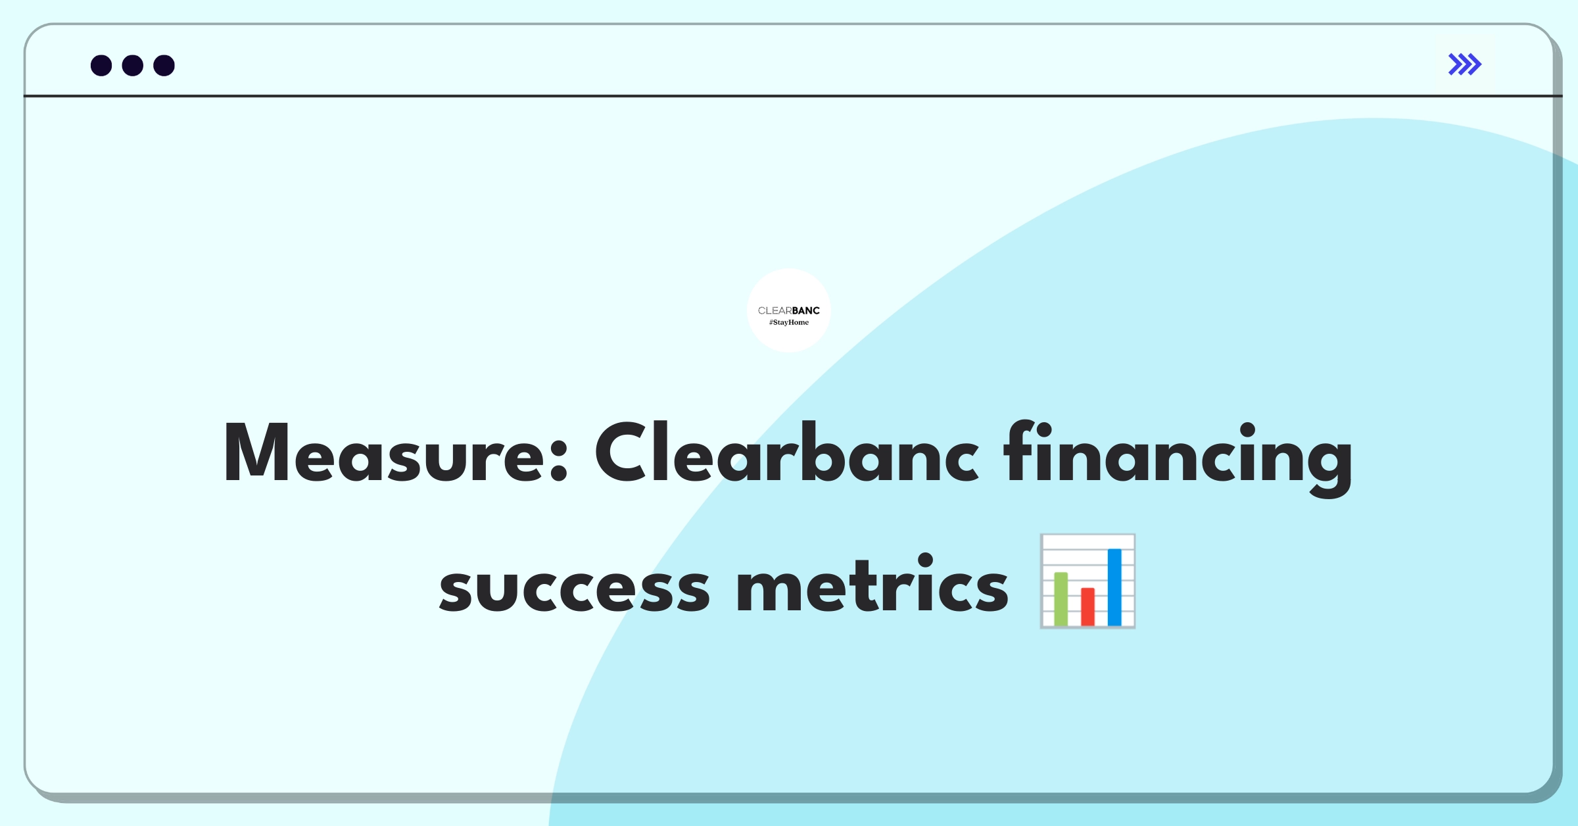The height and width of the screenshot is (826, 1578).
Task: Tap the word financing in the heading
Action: click(1177, 458)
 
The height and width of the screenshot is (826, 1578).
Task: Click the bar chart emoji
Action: click(1088, 581)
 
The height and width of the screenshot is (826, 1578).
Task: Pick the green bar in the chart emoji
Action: click(1061, 598)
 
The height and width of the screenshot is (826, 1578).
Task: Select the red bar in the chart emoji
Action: click(1088, 606)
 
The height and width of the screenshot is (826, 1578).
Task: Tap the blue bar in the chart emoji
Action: click(1114, 587)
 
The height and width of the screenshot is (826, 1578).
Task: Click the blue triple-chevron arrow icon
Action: click(1465, 64)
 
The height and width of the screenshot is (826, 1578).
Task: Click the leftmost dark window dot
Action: click(101, 66)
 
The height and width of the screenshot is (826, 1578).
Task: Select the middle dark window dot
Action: click(133, 66)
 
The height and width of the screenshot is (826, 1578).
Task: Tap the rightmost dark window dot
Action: click(164, 66)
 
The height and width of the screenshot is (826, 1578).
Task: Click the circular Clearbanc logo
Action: click(789, 310)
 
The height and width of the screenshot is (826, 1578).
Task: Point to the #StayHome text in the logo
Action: click(789, 322)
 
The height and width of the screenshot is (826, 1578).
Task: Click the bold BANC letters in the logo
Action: click(806, 310)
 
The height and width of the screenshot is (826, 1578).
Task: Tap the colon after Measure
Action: click(558, 458)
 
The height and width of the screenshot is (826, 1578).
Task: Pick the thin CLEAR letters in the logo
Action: click(775, 310)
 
